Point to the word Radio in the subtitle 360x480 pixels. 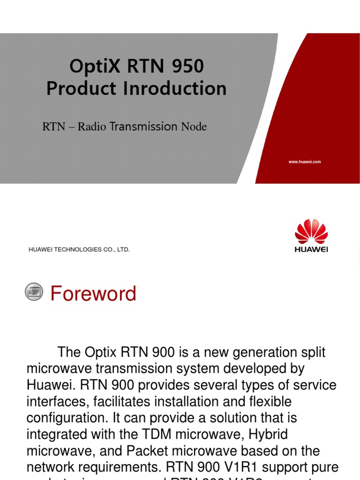coord(92,127)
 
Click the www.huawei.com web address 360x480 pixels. coord(305,162)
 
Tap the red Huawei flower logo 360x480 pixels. coord(311,232)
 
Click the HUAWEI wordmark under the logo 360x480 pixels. coord(311,249)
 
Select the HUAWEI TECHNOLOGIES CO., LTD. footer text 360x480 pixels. coord(79,250)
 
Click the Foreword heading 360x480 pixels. coord(93,294)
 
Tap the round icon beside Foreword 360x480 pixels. coord(34,292)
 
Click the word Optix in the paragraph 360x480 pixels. coord(103,352)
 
